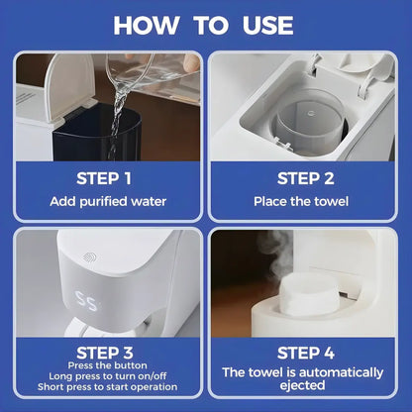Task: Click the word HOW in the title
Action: (x=147, y=26)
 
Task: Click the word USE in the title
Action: (x=268, y=26)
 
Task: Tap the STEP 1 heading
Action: (x=104, y=178)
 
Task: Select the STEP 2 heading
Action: (x=306, y=178)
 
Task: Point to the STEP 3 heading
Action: (x=105, y=353)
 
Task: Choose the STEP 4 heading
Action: (x=306, y=353)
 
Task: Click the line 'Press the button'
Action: (x=107, y=365)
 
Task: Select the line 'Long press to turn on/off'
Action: (x=108, y=376)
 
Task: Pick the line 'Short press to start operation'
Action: (x=107, y=387)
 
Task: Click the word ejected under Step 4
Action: (x=302, y=385)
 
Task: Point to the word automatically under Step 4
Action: (x=341, y=373)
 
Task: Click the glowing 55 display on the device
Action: (x=86, y=301)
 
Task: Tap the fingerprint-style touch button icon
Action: (x=89, y=257)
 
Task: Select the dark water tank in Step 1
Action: (x=97, y=133)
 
